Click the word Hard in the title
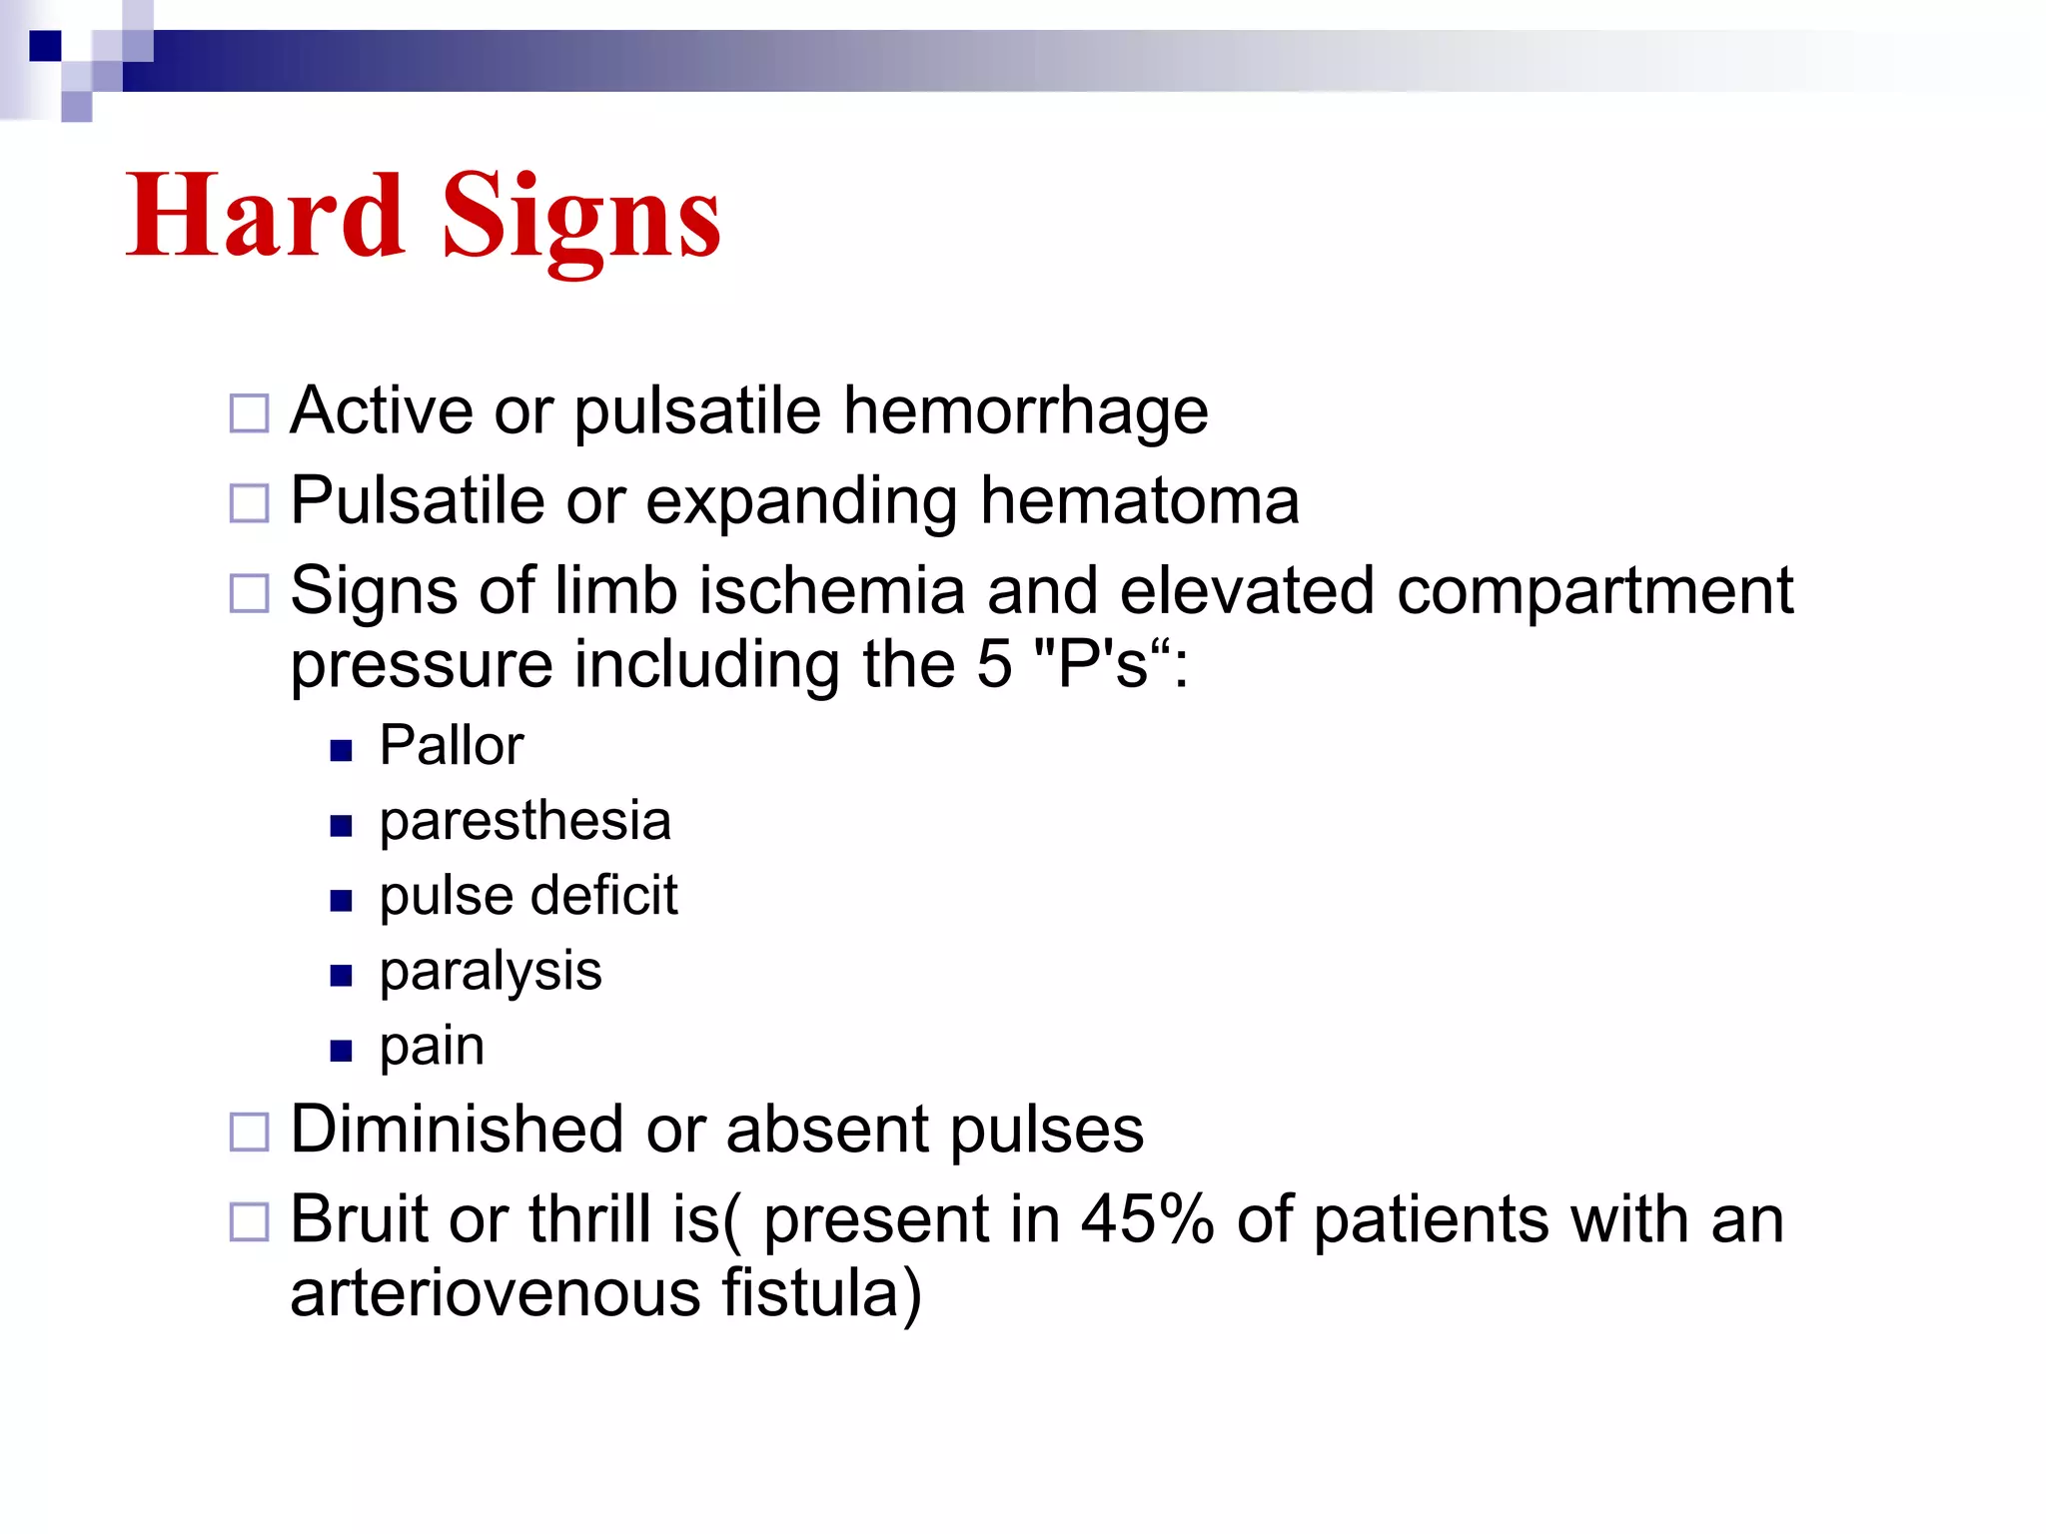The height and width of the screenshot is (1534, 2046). coord(265,215)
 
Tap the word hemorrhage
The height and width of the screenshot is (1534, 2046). coord(1025,410)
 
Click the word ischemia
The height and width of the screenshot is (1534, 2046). coord(831,590)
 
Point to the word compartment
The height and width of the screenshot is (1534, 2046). coord(1594,592)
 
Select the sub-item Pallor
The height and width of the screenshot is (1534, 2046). coord(451,745)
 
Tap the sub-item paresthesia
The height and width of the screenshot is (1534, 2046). coord(524,821)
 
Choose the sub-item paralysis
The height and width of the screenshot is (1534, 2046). coord(490,971)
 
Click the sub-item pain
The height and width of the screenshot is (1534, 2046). coord(432,1047)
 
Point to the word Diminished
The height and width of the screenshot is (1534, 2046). coord(457,1130)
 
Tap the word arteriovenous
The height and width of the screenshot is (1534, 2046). coord(495,1293)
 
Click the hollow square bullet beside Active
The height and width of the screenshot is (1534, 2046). coord(249,413)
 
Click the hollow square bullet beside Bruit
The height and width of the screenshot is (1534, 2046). coord(249,1221)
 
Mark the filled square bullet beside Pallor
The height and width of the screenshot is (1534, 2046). coord(341,750)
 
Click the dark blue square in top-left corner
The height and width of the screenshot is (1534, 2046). coord(45,46)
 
